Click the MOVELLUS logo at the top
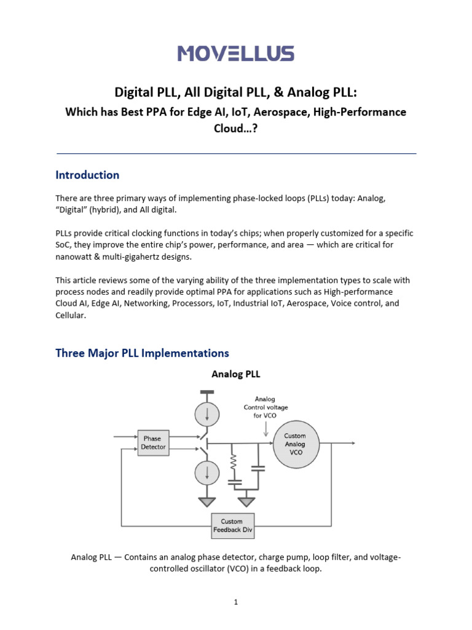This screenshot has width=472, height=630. (x=236, y=54)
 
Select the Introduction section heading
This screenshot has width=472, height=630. (x=87, y=175)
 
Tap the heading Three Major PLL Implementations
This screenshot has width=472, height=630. (x=142, y=353)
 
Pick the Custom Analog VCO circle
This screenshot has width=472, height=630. (x=294, y=444)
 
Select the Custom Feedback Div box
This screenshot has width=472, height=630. (x=232, y=525)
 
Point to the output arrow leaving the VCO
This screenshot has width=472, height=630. (x=350, y=443)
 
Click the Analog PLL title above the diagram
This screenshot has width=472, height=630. (x=236, y=374)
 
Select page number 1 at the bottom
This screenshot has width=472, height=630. (x=235, y=602)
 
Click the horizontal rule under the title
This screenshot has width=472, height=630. (x=236, y=153)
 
